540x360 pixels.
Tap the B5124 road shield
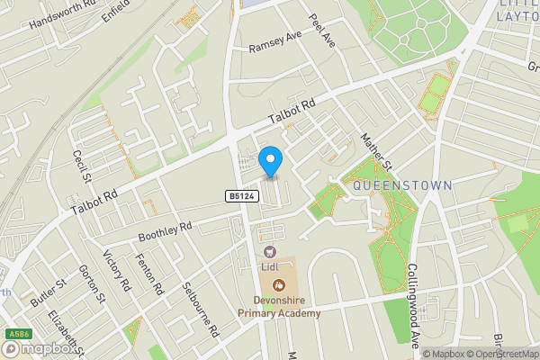pos(238,195)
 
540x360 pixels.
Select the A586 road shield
pos(13,334)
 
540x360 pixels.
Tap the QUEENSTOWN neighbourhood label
pos(401,184)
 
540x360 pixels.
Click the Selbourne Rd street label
pos(200,308)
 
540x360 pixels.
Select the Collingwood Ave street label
pos(413,293)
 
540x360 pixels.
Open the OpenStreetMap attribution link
pos(499,354)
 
